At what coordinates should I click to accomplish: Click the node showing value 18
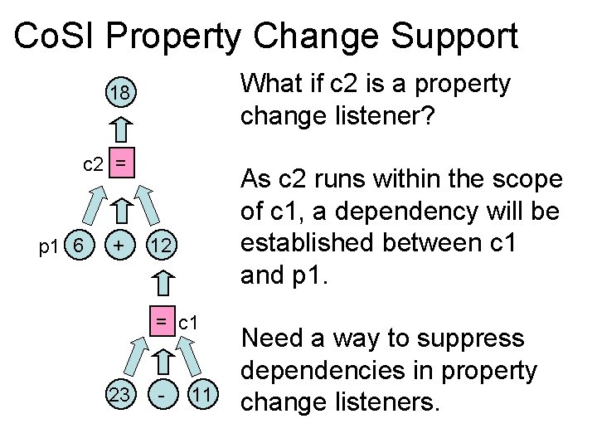pyautogui.click(x=121, y=94)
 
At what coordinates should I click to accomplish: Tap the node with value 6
pyautogui.click(x=78, y=246)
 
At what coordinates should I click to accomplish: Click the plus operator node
pyautogui.click(x=121, y=246)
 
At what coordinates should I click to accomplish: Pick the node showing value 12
pyautogui.click(x=163, y=246)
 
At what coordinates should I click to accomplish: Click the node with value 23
pyautogui.click(x=121, y=395)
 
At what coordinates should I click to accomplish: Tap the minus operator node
pyautogui.click(x=163, y=395)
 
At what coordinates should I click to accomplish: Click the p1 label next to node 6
pyautogui.click(x=47, y=246)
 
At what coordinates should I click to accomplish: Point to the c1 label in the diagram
pyautogui.click(x=187, y=320)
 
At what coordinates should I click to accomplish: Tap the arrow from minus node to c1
pyautogui.click(x=163, y=360)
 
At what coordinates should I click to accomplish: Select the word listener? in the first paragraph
pyautogui.click(x=389, y=116)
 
